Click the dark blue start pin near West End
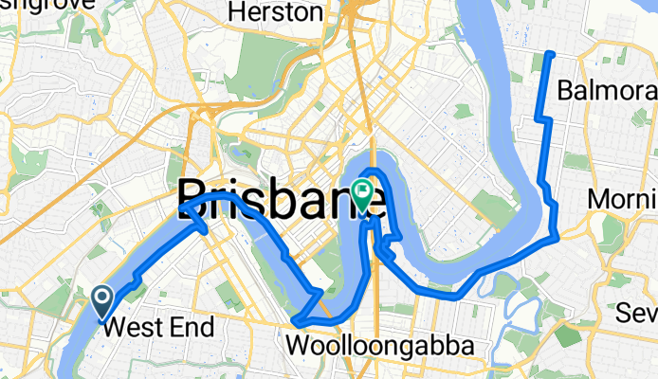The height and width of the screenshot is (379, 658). point(102,301)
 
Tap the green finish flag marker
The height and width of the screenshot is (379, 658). point(363,193)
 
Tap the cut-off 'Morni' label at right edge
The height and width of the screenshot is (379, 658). point(622,199)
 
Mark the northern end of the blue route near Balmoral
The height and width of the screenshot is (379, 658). point(552,53)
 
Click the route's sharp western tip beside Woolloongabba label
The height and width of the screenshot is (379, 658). point(296,322)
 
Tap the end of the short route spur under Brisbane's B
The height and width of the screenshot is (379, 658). point(205,230)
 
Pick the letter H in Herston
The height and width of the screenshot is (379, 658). point(237,12)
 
